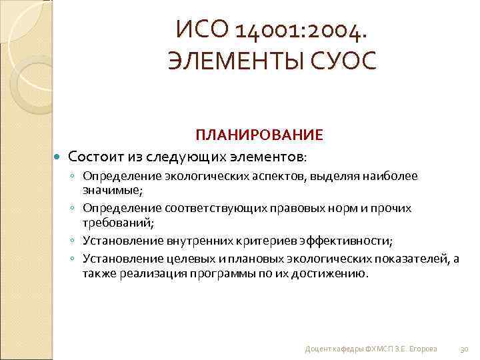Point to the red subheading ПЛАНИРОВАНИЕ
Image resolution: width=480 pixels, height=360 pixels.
pyautogui.click(x=259, y=135)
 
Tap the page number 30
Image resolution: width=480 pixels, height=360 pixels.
pyautogui.click(x=465, y=349)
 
